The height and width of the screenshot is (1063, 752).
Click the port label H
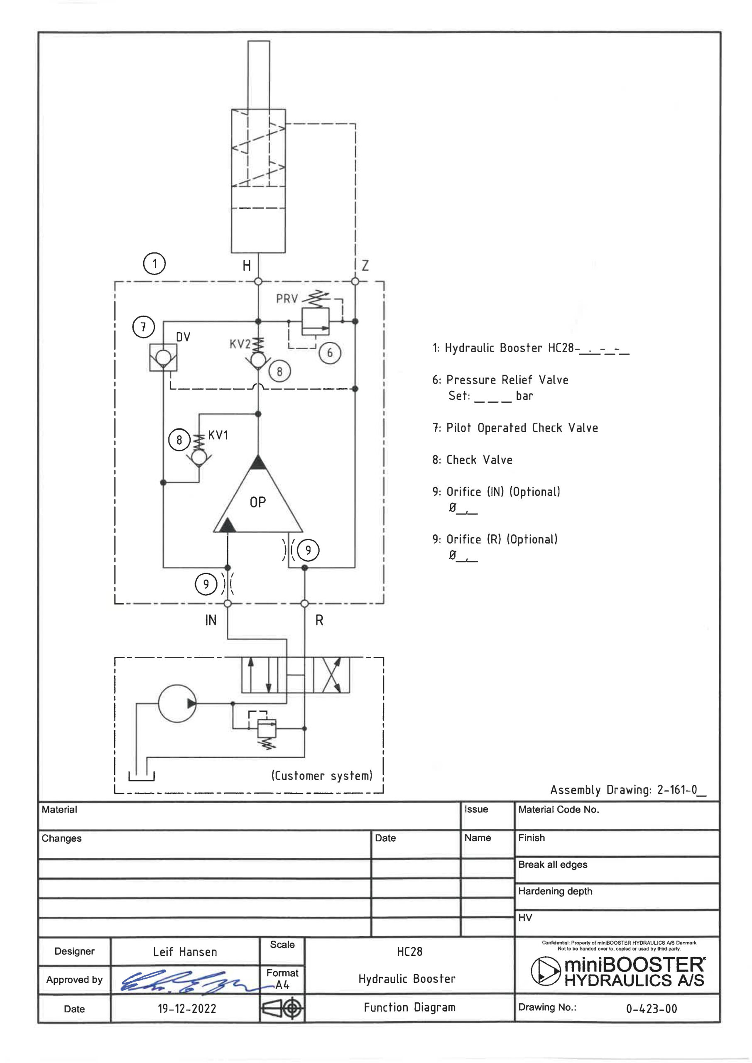click(247, 266)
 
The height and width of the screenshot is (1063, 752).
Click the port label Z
click(365, 266)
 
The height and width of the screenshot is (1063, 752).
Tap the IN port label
click(211, 620)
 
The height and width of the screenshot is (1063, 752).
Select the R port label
click(319, 620)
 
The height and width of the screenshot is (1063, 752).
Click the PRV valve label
click(287, 299)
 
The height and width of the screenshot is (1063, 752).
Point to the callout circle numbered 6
click(330, 353)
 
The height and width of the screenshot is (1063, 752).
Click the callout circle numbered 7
click(144, 327)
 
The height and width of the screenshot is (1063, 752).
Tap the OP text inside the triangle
click(258, 502)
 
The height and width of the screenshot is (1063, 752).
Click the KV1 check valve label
click(218, 435)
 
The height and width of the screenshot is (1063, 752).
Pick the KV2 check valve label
click(240, 344)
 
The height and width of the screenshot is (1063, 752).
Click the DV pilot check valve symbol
click(163, 358)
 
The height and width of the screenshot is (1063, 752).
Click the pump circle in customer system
click(177, 703)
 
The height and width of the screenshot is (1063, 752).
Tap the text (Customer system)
click(322, 776)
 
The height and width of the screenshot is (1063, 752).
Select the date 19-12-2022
click(187, 1009)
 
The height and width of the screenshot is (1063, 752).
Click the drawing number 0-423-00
click(652, 1009)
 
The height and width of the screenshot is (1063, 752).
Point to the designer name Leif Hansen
click(185, 952)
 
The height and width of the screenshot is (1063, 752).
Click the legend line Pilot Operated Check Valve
click(515, 428)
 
